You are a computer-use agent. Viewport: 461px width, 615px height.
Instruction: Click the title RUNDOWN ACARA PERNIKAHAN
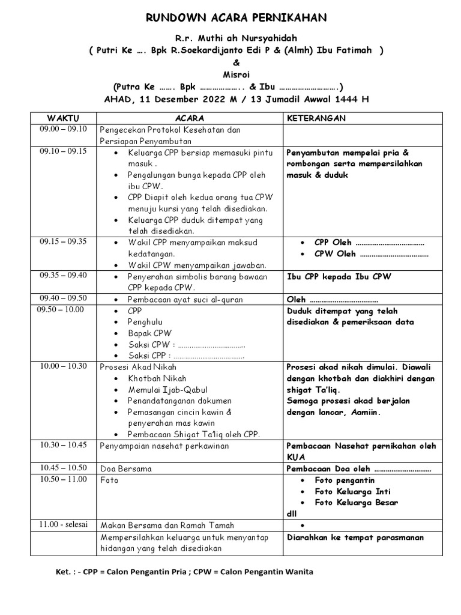[237, 18]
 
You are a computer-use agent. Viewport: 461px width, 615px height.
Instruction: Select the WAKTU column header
[63, 118]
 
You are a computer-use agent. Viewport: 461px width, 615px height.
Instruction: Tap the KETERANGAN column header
[316, 118]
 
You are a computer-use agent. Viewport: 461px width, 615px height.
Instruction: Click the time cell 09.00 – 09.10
[63, 129]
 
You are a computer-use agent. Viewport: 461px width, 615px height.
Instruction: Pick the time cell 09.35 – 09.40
[63, 276]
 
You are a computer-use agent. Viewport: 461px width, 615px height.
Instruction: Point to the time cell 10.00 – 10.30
[63, 366]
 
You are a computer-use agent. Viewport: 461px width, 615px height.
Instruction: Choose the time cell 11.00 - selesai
[63, 524]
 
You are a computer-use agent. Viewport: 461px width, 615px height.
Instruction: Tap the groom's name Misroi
[237, 74]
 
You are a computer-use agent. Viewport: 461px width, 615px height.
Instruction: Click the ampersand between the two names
[236, 62]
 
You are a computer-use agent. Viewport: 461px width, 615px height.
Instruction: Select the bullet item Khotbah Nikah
[157, 378]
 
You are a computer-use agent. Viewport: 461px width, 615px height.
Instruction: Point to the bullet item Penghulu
[145, 322]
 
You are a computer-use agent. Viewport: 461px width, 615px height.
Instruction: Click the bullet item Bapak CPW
[149, 333]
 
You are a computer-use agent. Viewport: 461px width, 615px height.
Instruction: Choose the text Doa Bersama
[126, 468]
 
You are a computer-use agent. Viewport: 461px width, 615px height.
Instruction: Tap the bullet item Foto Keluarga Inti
[352, 491]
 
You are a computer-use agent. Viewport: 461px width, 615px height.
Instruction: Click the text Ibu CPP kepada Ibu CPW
[339, 277]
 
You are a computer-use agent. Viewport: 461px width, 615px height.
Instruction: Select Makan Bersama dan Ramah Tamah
[167, 525]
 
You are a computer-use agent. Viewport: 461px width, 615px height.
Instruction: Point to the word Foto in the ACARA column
[110, 480]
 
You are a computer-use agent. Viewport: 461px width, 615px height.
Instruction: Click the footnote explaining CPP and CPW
[184, 572]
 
